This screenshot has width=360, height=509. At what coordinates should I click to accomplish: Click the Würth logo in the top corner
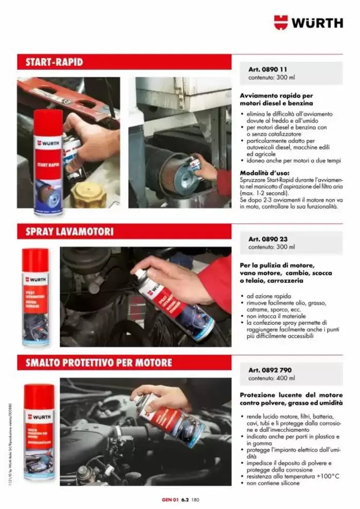click(x=308, y=23)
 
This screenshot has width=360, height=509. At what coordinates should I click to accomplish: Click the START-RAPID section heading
click(x=54, y=62)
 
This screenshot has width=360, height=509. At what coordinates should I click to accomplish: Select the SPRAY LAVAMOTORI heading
click(x=69, y=232)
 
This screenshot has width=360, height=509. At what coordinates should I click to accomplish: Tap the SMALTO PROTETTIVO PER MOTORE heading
click(x=98, y=362)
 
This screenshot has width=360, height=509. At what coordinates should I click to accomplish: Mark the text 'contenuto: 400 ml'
click(x=272, y=378)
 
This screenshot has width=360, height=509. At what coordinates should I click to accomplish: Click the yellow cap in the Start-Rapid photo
click(x=88, y=194)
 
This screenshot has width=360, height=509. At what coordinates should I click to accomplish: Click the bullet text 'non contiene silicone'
click(x=273, y=483)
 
